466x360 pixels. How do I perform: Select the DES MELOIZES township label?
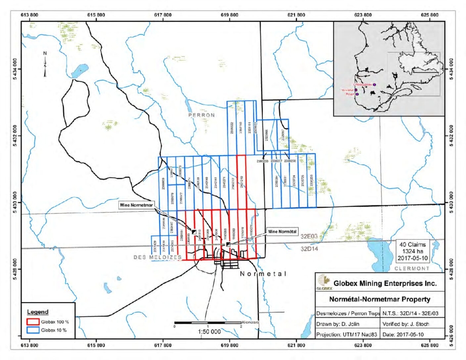[x=157, y=257]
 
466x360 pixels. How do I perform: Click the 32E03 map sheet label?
[x=309, y=236]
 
